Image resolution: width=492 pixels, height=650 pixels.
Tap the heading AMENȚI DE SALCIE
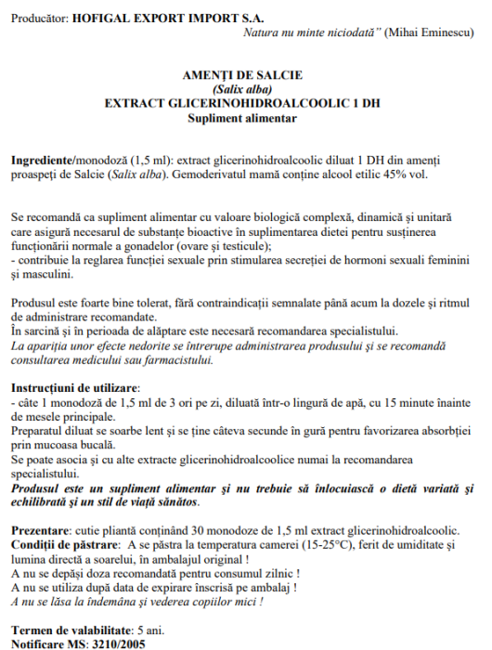(241, 75)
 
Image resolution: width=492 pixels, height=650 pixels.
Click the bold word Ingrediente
(42, 161)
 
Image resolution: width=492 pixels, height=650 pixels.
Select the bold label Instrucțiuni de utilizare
(74, 386)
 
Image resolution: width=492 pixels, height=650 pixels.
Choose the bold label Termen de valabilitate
(71, 630)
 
